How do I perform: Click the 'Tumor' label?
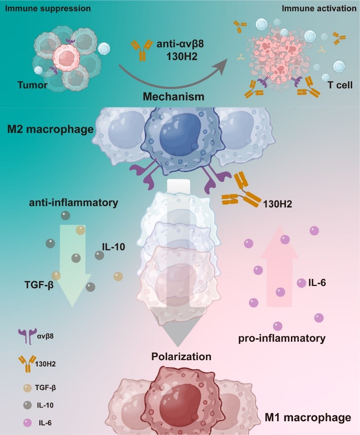32,85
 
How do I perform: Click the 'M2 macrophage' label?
50,130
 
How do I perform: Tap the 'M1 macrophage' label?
308,417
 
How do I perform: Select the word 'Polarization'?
181,356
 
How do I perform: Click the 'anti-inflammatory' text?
74,203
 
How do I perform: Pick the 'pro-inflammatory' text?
282,338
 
